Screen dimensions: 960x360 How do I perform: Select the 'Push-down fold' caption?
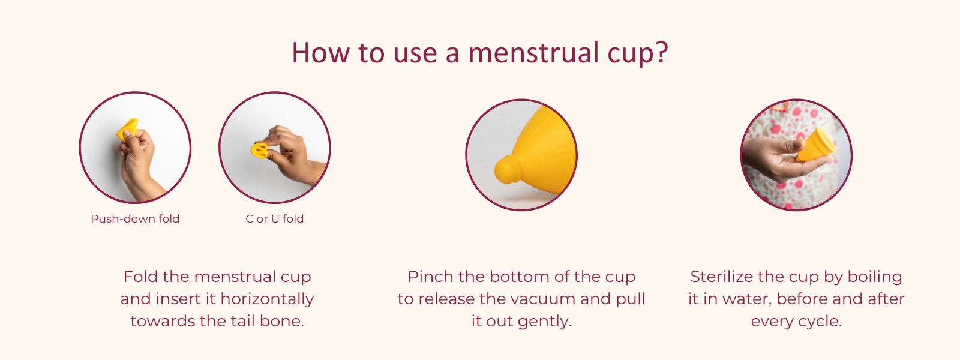(135, 219)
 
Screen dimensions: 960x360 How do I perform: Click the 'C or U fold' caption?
(275, 219)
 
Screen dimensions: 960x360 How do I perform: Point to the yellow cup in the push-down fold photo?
(127, 130)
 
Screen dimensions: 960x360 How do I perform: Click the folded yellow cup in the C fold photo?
(260, 151)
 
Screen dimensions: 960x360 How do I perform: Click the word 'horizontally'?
(267, 299)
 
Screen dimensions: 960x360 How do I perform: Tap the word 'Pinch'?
(430, 277)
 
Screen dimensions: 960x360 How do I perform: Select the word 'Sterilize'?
(722, 277)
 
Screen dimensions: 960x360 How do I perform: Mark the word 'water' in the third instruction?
(749, 299)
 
